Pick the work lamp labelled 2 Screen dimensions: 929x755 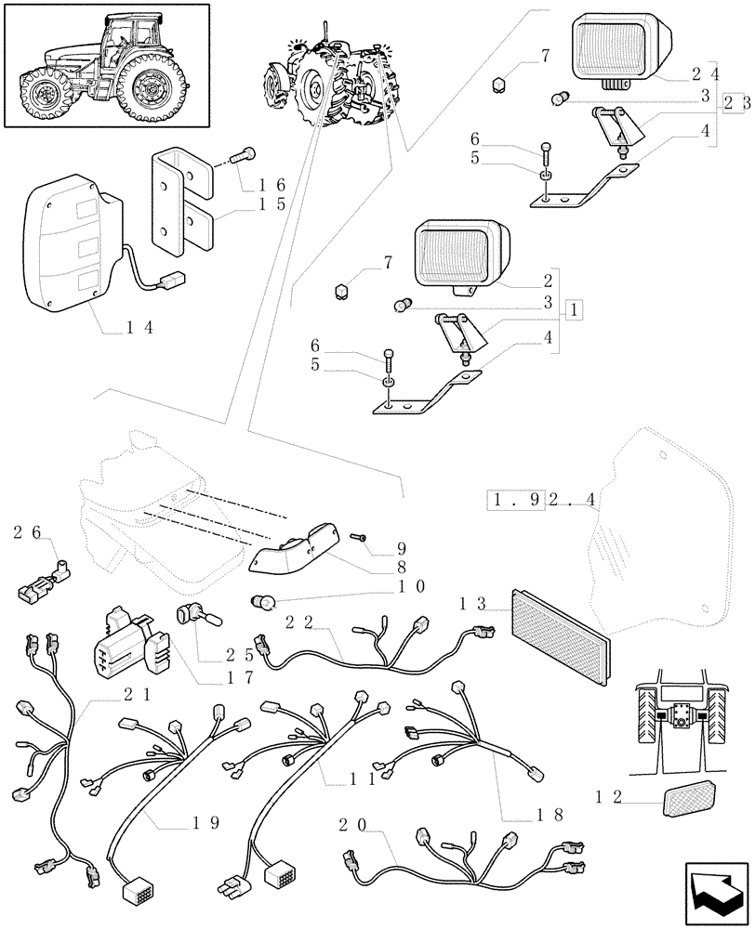pos(460,252)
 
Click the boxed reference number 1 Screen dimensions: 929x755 pos(576,308)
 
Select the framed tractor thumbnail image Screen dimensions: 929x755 pos(103,64)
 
